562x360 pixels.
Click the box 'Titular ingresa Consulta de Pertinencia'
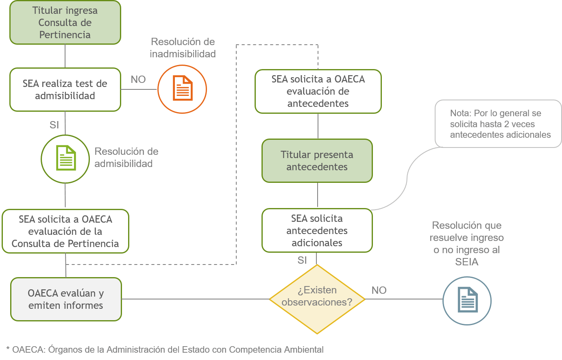pyautogui.click(x=65, y=23)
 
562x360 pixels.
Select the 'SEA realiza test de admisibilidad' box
pyautogui.click(x=65, y=89)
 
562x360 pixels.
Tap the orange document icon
pyautogui.click(x=183, y=88)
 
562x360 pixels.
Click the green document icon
pyautogui.click(x=66, y=158)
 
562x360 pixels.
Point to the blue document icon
pyautogui.click(x=468, y=300)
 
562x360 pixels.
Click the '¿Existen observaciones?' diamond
pyautogui.click(x=317, y=299)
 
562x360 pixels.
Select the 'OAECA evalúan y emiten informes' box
pyautogui.click(x=66, y=299)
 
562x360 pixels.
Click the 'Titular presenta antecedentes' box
pyautogui.click(x=317, y=160)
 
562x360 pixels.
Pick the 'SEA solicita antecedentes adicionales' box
pyautogui.click(x=317, y=230)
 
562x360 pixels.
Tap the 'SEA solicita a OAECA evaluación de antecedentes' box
pyautogui.click(x=318, y=91)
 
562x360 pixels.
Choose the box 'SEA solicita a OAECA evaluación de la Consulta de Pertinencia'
pyautogui.click(x=65, y=231)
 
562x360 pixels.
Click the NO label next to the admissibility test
pyautogui.click(x=138, y=80)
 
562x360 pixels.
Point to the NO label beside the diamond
pyautogui.click(x=379, y=290)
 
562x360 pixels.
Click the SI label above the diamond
pyautogui.click(x=302, y=260)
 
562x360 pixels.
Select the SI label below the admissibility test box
pyautogui.click(x=54, y=125)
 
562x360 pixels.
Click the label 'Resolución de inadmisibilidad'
pyautogui.click(x=183, y=48)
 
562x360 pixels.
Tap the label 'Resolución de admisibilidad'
pyautogui.click(x=126, y=157)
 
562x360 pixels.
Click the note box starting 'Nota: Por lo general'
pyautogui.click(x=498, y=124)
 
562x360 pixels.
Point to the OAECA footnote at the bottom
pyautogui.click(x=165, y=349)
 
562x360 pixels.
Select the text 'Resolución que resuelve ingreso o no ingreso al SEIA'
pyautogui.click(x=467, y=243)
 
